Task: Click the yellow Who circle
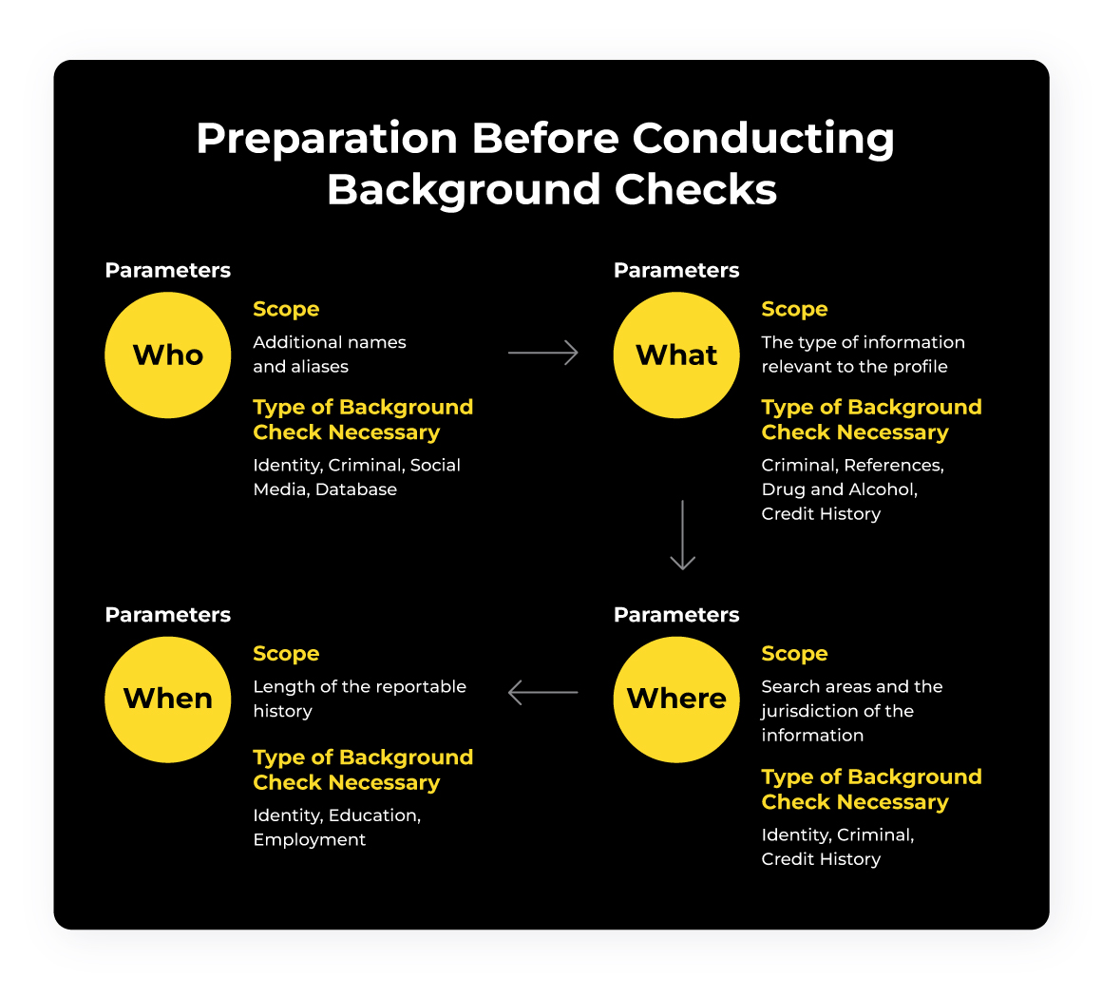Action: coord(167,355)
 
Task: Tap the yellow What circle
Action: coord(676,355)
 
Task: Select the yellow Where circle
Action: coord(676,699)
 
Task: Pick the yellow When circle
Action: coord(167,699)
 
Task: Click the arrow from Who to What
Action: coord(543,353)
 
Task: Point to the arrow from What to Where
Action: coord(682,535)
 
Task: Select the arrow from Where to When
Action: coord(543,692)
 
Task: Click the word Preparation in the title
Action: coord(326,139)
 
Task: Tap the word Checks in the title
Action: coord(695,189)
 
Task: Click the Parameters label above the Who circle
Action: coord(167,270)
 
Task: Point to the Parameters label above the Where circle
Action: coord(676,615)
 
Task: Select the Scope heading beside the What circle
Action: coord(794,309)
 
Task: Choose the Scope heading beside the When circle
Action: coord(286,653)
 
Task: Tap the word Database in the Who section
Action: coord(356,489)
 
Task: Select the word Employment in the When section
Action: coord(310,839)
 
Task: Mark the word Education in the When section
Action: coord(378,815)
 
